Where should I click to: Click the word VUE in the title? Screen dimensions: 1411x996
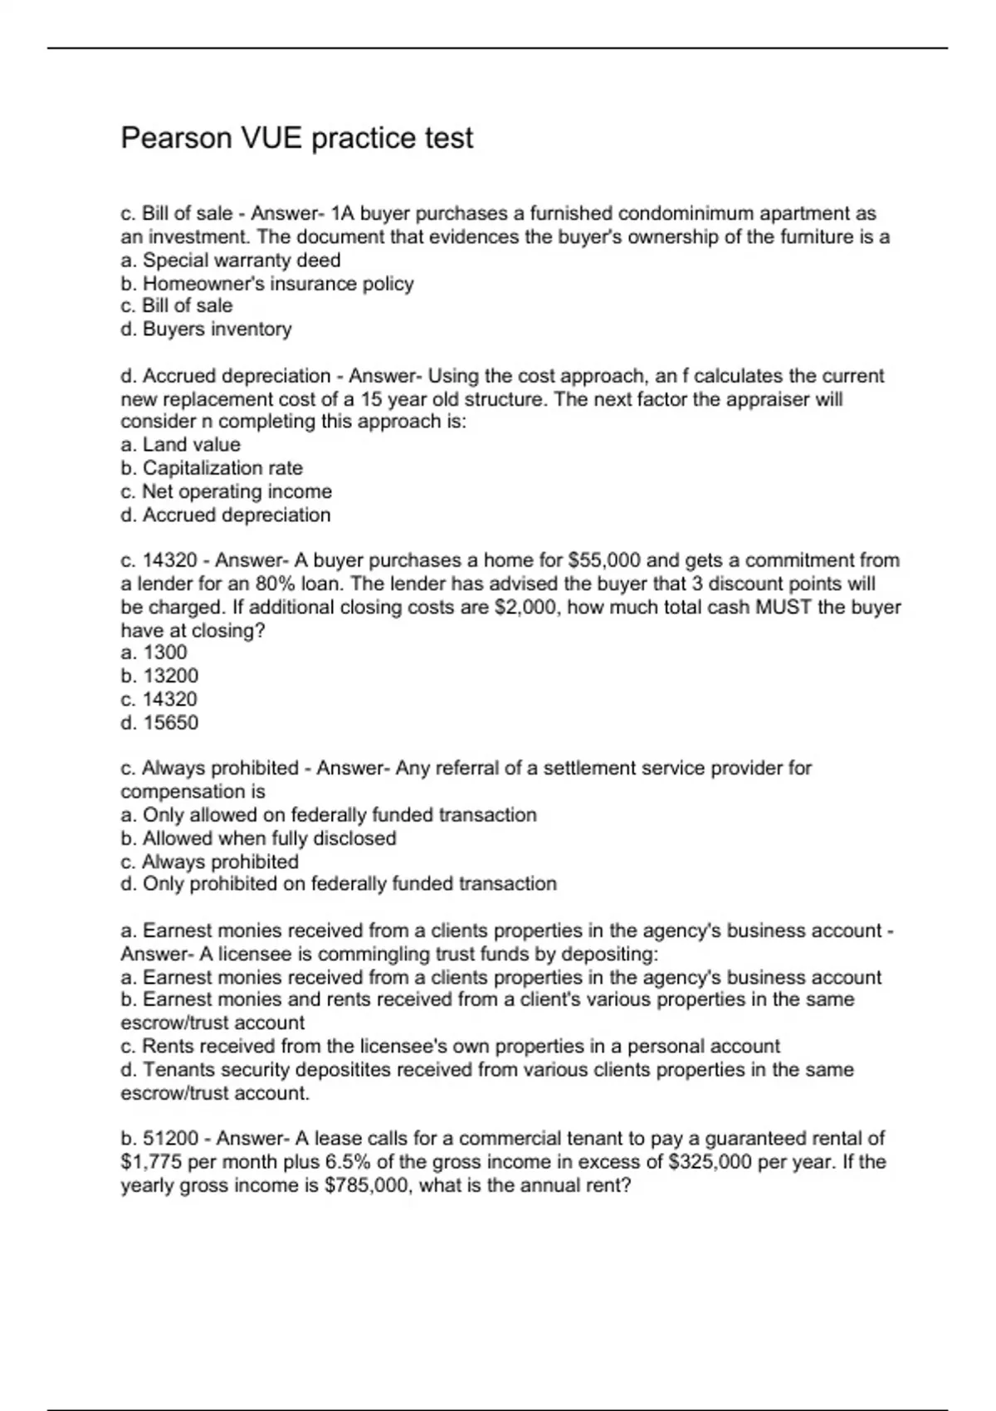pos(271,138)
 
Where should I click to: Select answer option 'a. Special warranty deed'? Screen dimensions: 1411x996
pos(230,261)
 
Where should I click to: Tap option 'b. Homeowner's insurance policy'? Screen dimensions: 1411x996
pos(266,284)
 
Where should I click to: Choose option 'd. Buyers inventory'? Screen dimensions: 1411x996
pos(206,330)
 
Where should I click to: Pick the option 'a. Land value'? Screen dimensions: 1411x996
pos(180,445)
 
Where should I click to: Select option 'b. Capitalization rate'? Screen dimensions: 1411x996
pos(212,468)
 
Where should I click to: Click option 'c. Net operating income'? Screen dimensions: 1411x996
pos(226,491)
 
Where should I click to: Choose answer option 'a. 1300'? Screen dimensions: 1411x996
pos(154,652)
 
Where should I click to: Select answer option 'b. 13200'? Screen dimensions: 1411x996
pos(159,676)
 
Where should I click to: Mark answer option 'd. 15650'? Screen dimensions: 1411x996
pos(159,723)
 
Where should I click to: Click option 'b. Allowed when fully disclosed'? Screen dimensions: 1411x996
pos(258,838)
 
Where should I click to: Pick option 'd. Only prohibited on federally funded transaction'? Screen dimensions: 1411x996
pos(339,884)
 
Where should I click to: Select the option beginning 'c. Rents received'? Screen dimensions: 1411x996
pos(450,1047)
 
